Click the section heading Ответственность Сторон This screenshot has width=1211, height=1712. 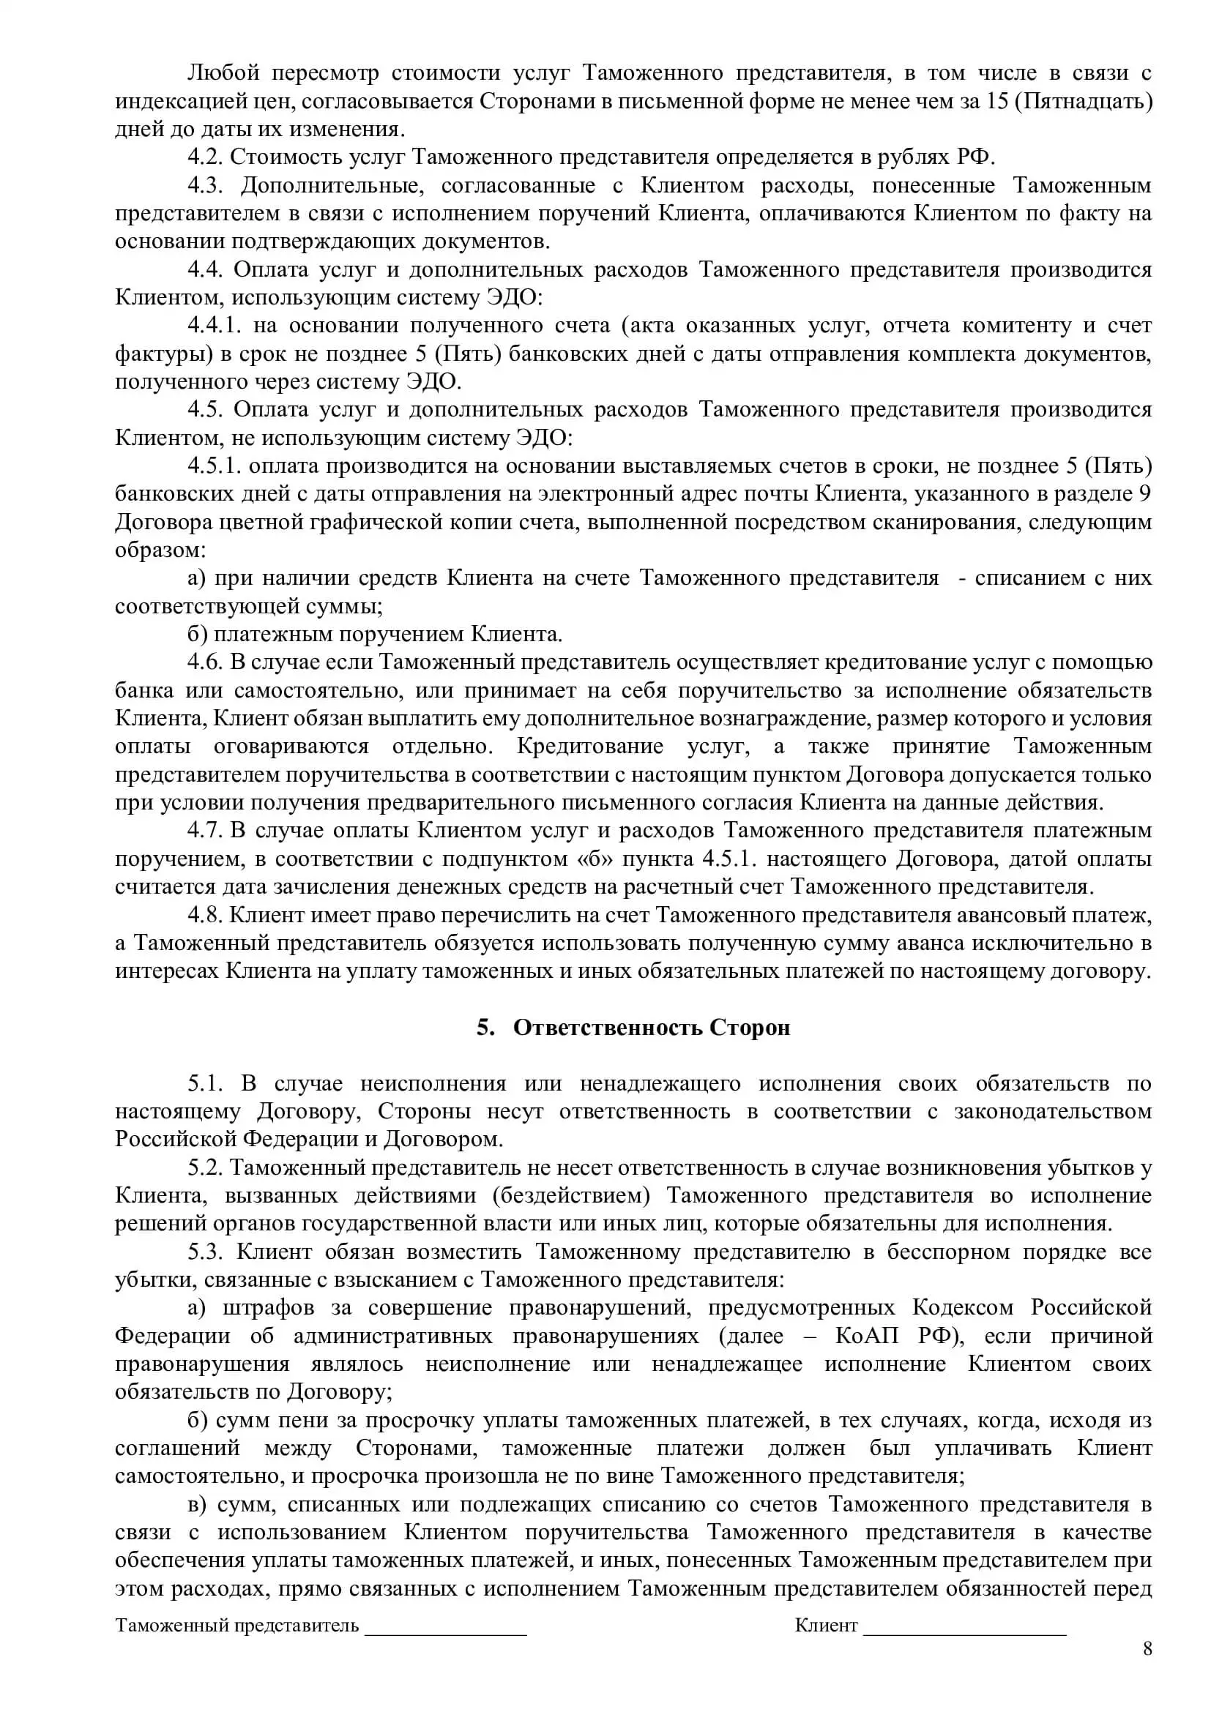point(651,1028)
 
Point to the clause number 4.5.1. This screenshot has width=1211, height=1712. point(214,466)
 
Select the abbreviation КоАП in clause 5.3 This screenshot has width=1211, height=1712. point(867,1337)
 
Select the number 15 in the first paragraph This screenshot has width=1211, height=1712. point(998,102)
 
